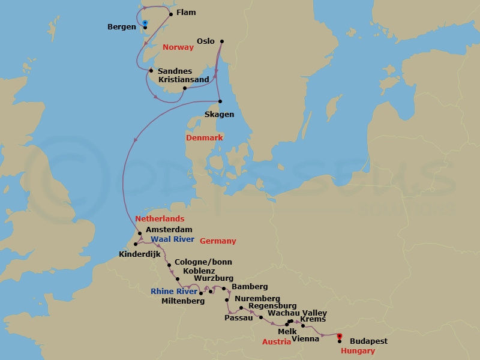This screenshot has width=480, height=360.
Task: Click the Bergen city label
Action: (122, 27)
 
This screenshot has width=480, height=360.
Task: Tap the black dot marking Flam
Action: (171, 14)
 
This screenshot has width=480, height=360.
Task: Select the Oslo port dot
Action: (222, 41)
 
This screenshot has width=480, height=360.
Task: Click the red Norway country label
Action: (178, 47)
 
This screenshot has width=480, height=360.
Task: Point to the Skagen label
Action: (219, 114)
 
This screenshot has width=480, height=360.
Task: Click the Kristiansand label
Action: (184, 79)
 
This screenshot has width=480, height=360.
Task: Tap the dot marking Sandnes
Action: (151, 71)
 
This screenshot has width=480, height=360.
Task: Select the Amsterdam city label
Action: (169, 230)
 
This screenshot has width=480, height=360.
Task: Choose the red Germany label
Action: (218, 241)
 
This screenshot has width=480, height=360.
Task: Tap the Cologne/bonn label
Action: (203, 262)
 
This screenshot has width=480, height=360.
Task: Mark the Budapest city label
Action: (368, 341)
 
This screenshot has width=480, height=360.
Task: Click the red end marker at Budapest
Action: (339, 336)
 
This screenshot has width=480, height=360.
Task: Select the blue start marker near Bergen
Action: (145, 23)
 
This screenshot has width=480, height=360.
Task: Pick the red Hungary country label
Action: (358, 351)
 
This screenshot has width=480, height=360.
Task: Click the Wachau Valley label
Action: (298, 313)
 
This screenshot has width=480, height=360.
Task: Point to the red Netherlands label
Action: (160, 219)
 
